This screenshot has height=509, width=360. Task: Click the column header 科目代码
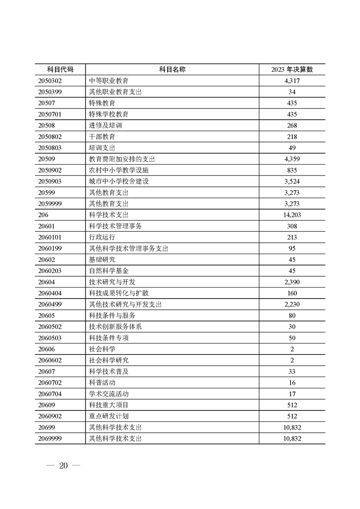pyautogui.click(x=60, y=69)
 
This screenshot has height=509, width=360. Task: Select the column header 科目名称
pyautogui.click(x=172, y=69)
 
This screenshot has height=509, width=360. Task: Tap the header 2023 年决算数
pyautogui.click(x=292, y=69)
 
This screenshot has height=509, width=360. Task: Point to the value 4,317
pyautogui.click(x=292, y=81)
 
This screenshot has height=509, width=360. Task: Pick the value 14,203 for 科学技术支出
pyautogui.click(x=292, y=215)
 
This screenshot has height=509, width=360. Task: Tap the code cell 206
pyautogui.click(x=44, y=215)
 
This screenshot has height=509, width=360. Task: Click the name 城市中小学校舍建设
pyautogui.click(x=118, y=181)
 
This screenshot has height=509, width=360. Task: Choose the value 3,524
pyautogui.click(x=292, y=181)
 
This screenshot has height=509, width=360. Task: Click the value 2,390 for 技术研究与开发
pyautogui.click(x=292, y=282)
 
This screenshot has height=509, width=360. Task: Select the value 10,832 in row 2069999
pyautogui.click(x=292, y=439)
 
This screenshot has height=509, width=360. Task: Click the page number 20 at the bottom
pyautogui.click(x=63, y=466)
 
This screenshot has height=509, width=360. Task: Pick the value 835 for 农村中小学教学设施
pyautogui.click(x=292, y=170)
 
